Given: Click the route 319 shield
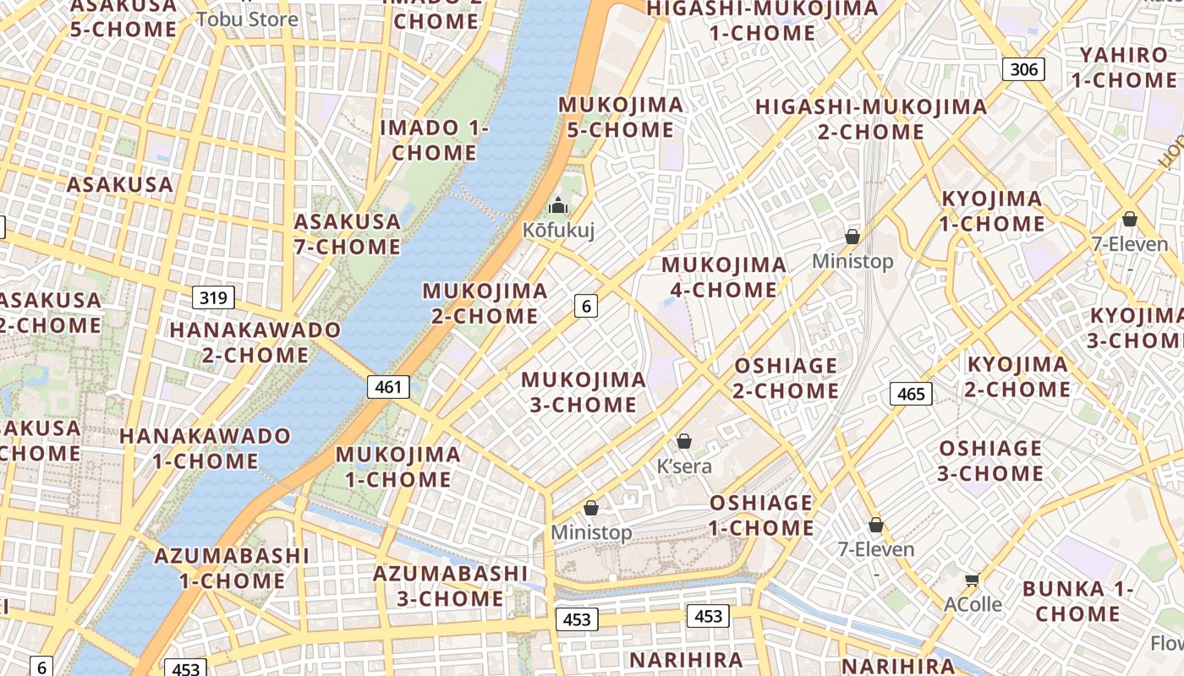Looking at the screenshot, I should pyautogui.click(x=214, y=297).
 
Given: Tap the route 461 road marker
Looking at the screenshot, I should pyautogui.click(x=388, y=387).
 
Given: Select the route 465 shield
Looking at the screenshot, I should pyautogui.click(x=911, y=393).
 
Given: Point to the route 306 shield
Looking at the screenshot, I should pyautogui.click(x=1023, y=69).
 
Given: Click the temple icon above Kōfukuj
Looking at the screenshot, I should pyautogui.click(x=557, y=205).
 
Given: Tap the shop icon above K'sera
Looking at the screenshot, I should pyautogui.click(x=684, y=441).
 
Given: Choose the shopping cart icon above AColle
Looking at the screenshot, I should pyautogui.click(x=973, y=580).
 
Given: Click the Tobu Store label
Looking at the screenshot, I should pyautogui.click(x=247, y=19).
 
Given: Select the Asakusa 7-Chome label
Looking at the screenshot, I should pyautogui.click(x=347, y=234).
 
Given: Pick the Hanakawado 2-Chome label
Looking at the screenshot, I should pyautogui.click(x=255, y=342).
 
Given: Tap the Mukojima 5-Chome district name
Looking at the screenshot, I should pyautogui.click(x=621, y=117).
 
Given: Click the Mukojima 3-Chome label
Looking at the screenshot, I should pyautogui.click(x=584, y=392).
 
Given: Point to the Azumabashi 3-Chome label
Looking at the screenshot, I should pyautogui.click(x=450, y=586).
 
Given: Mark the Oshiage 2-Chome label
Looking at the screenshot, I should pyautogui.click(x=786, y=378).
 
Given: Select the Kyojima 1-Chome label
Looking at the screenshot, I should pyautogui.click(x=992, y=211).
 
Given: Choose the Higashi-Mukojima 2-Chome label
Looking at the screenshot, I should pyautogui.click(x=871, y=119).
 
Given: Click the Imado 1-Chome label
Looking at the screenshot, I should pyautogui.click(x=434, y=140).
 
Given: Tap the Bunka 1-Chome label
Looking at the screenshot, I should pyautogui.click(x=1077, y=601).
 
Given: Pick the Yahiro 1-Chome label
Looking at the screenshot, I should pyautogui.click(x=1124, y=68).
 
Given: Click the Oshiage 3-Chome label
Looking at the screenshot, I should pyautogui.click(x=990, y=460).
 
